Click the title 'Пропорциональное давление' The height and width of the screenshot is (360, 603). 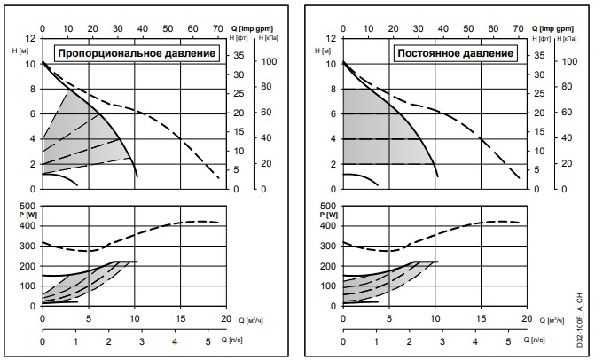(137, 54)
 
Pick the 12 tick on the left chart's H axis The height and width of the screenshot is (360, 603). (31, 38)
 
